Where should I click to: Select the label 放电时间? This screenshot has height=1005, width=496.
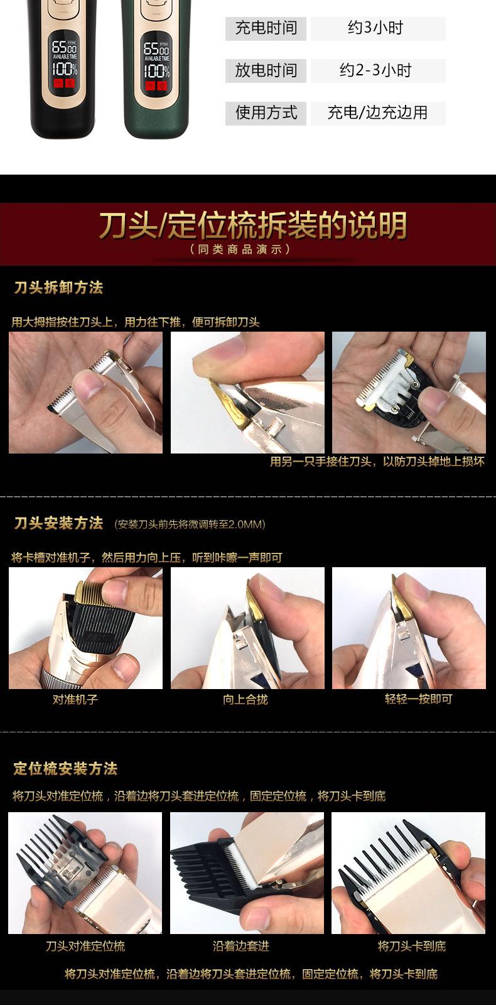(x=266, y=70)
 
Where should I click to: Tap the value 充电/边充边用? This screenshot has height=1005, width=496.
(x=377, y=113)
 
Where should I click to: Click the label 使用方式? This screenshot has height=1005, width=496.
(x=266, y=113)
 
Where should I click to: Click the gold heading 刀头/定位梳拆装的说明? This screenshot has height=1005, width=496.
(x=253, y=225)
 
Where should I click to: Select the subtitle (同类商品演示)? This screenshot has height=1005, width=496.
(x=241, y=249)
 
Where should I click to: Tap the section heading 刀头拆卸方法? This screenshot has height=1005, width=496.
(x=58, y=288)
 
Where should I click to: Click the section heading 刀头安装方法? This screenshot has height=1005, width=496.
(x=58, y=523)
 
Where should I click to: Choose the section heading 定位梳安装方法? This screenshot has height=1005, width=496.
(x=65, y=769)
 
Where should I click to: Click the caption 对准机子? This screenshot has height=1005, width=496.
(x=75, y=699)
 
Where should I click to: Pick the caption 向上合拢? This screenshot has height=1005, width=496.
(x=245, y=699)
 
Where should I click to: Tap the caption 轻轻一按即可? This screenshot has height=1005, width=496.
(x=418, y=699)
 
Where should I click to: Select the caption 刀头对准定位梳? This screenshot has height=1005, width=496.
(x=85, y=946)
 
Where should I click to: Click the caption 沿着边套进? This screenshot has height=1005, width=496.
(x=241, y=946)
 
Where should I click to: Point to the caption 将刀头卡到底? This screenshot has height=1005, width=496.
(x=412, y=946)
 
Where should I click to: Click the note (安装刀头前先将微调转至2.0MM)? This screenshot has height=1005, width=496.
(x=190, y=524)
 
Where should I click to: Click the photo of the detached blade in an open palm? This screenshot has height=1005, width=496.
(x=409, y=393)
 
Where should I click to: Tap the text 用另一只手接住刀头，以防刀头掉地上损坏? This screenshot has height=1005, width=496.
(x=377, y=462)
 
